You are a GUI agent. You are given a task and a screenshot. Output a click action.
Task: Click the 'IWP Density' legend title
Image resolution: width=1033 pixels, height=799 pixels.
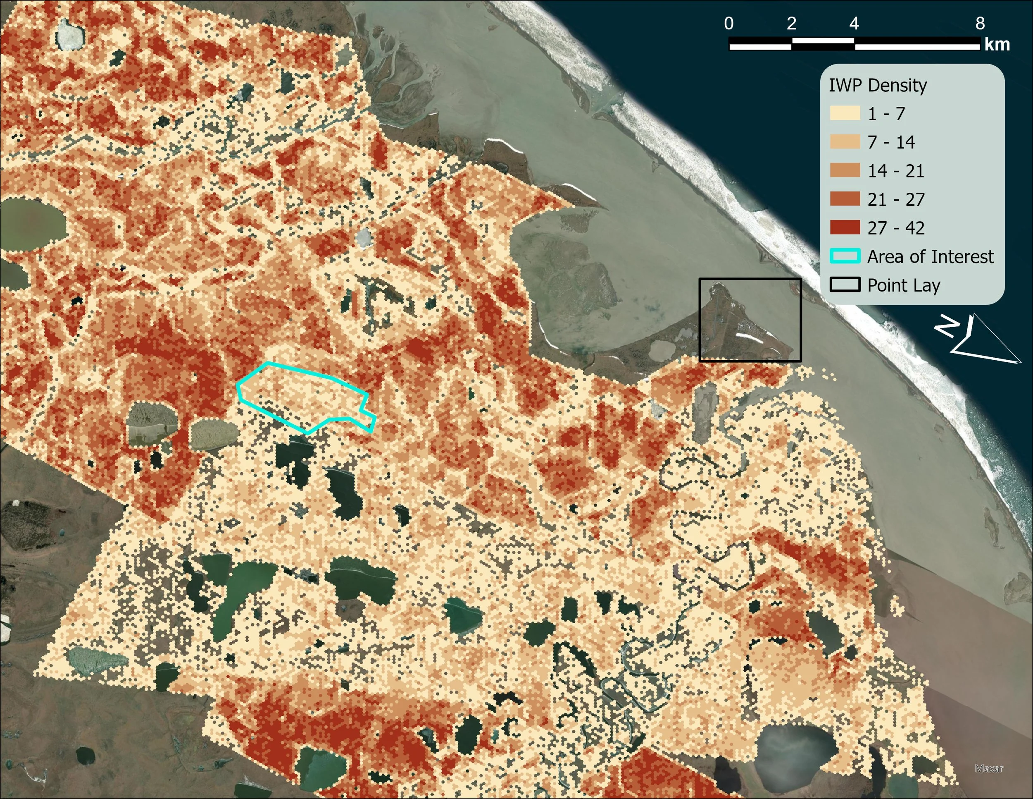tap(877, 86)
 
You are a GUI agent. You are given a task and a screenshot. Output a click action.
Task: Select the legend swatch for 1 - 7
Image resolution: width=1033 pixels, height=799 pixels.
tap(845, 114)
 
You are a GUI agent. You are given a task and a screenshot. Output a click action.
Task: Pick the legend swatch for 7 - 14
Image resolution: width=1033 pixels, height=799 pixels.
tap(845, 142)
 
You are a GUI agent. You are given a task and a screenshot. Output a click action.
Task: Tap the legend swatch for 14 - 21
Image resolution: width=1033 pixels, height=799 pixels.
tap(845, 170)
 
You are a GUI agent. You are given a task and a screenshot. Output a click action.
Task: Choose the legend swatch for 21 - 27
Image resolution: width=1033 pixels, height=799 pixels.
tap(845, 199)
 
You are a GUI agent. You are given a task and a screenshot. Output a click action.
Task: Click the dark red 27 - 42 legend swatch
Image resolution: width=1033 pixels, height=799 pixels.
tap(845, 228)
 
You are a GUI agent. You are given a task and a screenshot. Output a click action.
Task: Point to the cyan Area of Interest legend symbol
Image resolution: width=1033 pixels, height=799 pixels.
tap(845, 256)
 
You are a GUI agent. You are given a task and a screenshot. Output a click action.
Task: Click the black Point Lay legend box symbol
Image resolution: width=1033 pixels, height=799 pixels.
tap(845, 285)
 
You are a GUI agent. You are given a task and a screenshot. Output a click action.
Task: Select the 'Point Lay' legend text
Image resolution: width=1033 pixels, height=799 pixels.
tap(903, 285)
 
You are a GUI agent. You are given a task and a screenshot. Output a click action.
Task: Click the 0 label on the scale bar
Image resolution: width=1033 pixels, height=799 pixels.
tap(729, 24)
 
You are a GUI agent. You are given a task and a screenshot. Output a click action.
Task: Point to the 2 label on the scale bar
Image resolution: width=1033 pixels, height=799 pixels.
tap(792, 24)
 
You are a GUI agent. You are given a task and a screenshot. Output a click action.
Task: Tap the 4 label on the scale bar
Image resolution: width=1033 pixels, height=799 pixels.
tap(854, 24)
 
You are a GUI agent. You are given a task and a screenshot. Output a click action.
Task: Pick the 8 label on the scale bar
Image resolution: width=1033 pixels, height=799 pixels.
tap(980, 24)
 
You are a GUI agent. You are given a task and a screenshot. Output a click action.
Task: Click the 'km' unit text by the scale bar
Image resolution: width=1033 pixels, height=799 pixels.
tap(997, 45)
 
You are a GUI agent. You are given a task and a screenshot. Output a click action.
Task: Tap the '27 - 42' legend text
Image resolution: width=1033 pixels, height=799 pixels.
tap(896, 228)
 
